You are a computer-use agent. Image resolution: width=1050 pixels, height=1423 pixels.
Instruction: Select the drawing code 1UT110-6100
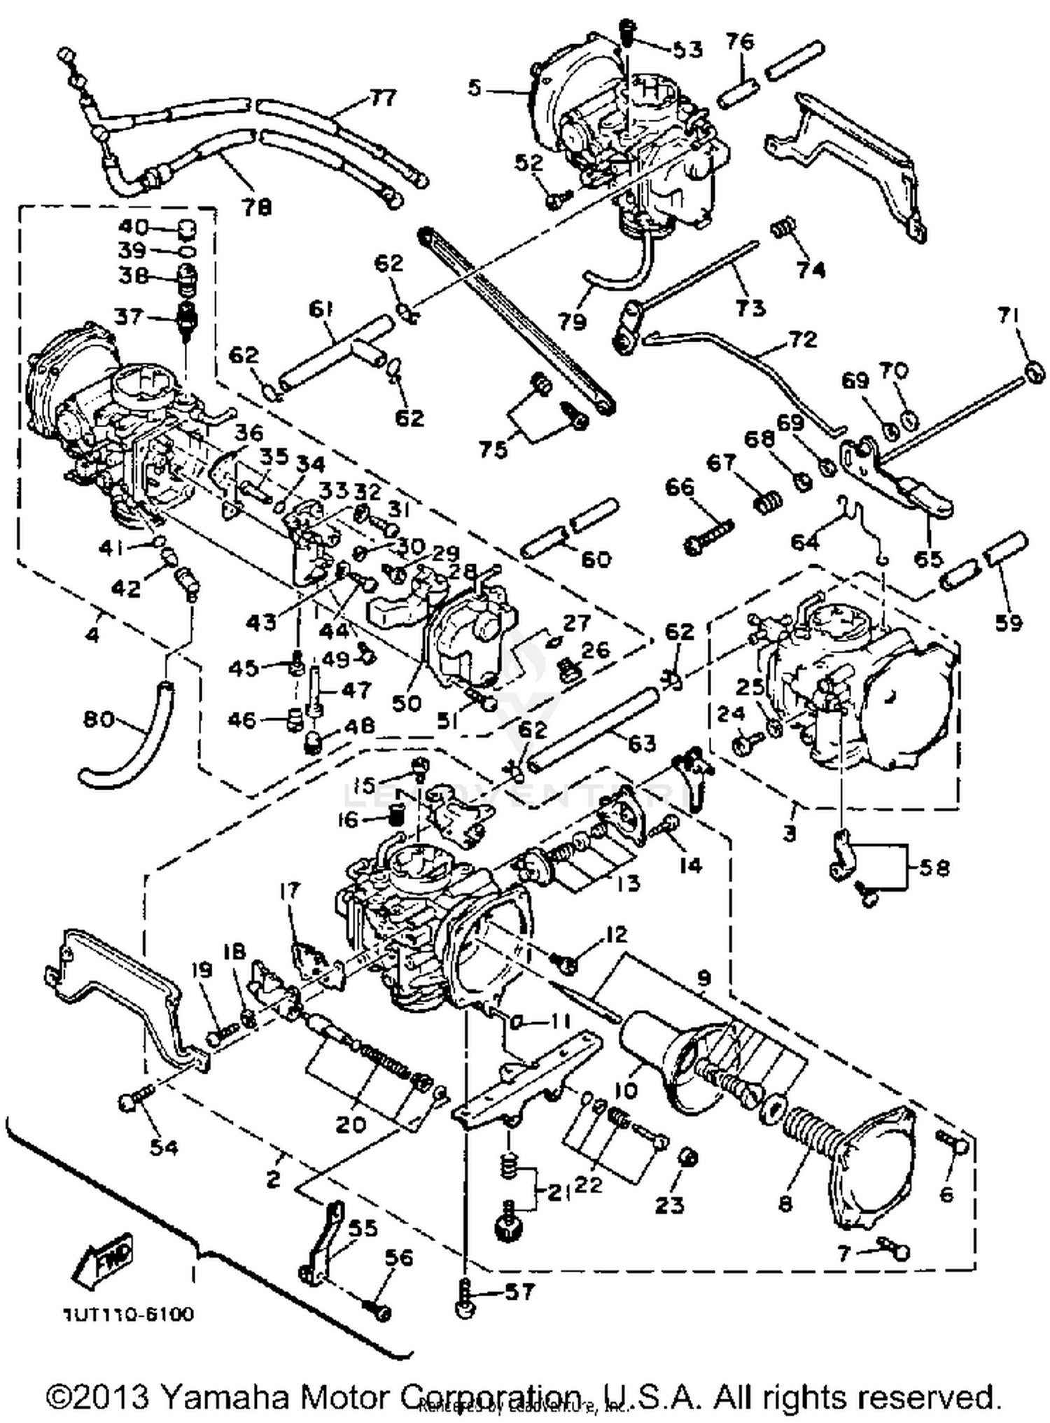(129, 1315)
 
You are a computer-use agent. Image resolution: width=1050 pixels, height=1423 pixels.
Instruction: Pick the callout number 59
(1006, 622)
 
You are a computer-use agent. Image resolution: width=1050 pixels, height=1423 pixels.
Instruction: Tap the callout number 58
(933, 868)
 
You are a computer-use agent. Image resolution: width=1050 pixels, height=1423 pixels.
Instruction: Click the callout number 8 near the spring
(785, 1203)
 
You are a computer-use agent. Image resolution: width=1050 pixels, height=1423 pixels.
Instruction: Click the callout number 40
(133, 227)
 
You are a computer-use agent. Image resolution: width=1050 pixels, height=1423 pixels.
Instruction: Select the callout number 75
(492, 449)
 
